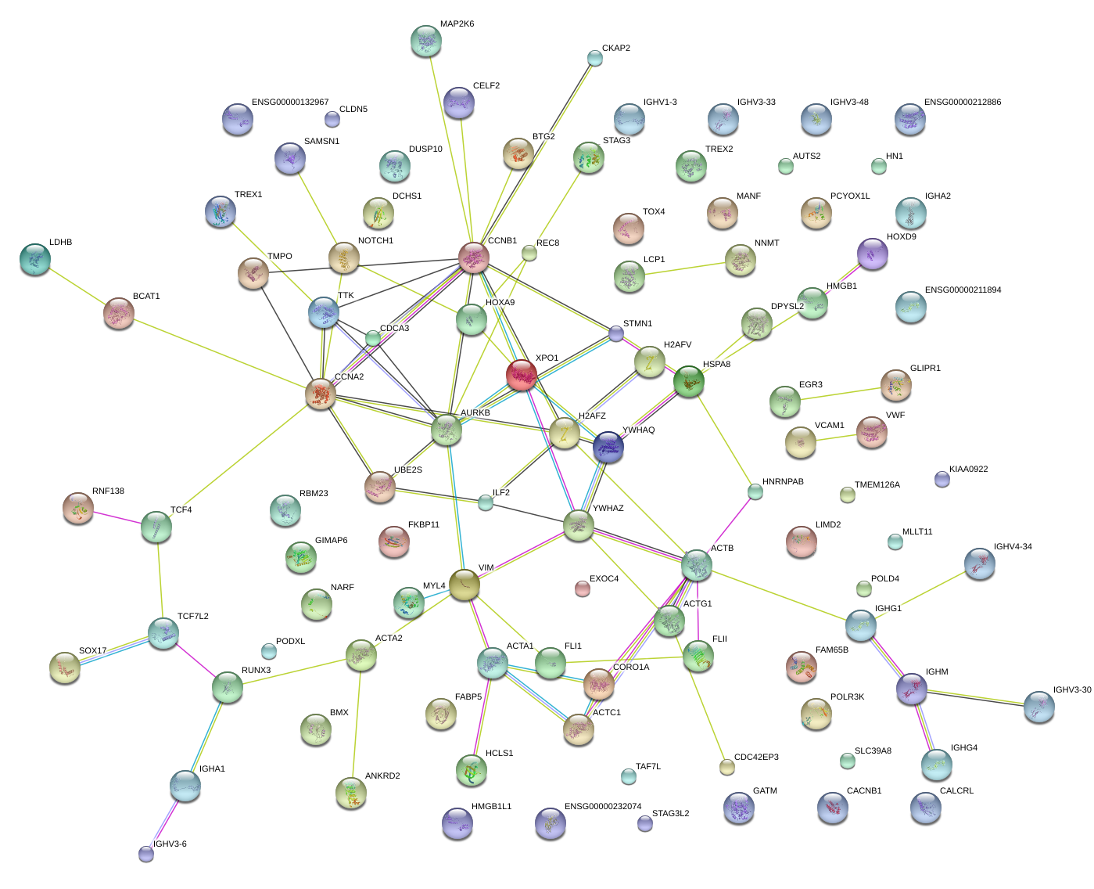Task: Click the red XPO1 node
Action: (x=522, y=375)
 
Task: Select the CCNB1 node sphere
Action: (x=473, y=257)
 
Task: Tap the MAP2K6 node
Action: (x=425, y=41)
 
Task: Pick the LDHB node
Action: (x=34, y=259)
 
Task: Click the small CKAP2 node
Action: (x=595, y=58)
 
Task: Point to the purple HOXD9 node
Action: (x=872, y=254)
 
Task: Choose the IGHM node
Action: (x=911, y=689)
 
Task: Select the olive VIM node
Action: (x=464, y=585)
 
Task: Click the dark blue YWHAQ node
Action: (x=608, y=447)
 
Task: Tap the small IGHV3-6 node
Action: (x=146, y=853)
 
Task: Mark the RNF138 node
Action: (x=78, y=508)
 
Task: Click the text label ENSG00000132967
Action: (x=290, y=103)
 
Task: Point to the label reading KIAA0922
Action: (x=968, y=470)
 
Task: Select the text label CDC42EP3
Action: (x=755, y=758)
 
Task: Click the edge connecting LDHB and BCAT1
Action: (x=77, y=286)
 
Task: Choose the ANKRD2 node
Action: (x=351, y=793)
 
